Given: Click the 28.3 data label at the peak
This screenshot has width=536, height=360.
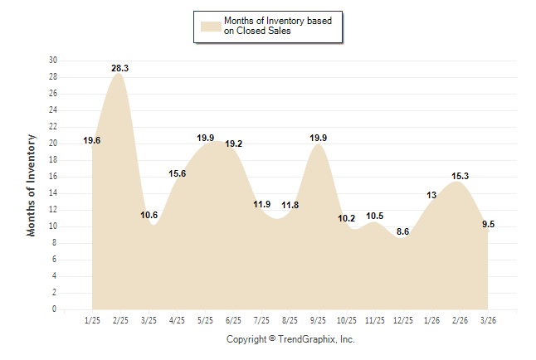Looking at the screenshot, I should click(119, 67).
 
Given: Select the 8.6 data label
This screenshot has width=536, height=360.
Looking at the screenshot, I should click(403, 231).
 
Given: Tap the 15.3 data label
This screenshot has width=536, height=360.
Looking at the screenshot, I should click(460, 176).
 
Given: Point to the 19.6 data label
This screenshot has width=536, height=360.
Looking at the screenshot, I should click(92, 141).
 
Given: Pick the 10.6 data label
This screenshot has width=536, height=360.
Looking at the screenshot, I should click(149, 215).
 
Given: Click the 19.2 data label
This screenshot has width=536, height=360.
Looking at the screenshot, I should click(234, 144).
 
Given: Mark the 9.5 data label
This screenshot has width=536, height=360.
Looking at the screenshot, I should click(488, 224).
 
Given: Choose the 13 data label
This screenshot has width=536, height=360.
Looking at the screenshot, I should click(431, 195).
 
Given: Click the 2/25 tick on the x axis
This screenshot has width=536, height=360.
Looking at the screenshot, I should click(120, 320).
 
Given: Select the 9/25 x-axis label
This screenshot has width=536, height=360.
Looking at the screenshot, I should click(318, 320).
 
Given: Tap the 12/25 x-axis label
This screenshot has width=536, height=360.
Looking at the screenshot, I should click(402, 320).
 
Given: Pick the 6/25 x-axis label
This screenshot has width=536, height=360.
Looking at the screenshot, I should click(233, 320).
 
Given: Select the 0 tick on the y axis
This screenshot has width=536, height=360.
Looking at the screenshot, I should click(55, 309).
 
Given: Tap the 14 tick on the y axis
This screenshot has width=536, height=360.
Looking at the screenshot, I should click(53, 193).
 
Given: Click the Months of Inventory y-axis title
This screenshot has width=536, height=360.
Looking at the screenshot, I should click(32, 185).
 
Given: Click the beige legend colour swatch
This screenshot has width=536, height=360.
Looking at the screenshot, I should click(209, 26).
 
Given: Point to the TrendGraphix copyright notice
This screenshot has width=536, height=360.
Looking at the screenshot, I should click(290, 340).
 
